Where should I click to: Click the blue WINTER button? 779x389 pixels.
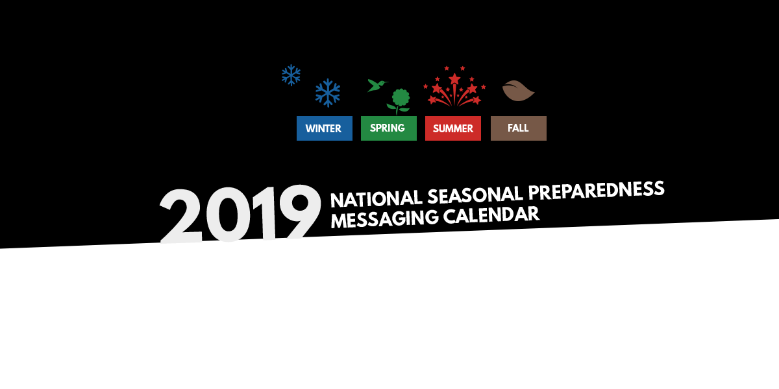pyautogui.click(x=325, y=128)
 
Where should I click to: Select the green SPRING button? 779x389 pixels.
pyautogui.click(x=389, y=128)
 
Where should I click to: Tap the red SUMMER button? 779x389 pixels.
pyautogui.click(x=453, y=128)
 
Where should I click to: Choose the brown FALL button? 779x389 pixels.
pyautogui.click(x=519, y=128)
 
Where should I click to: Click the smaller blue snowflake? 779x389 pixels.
pyautogui.click(x=291, y=75)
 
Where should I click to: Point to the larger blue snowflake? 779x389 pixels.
pyautogui.click(x=328, y=93)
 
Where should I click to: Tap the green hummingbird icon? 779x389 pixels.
pyautogui.click(x=377, y=86)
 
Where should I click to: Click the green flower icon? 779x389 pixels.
pyautogui.click(x=399, y=101)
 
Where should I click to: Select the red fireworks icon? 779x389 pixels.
pyautogui.click(x=454, y=86)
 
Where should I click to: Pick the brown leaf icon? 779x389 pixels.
pyautogui.click(x=519, y=91)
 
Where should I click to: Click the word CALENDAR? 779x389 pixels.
pyautogui.click(x=491, y=215)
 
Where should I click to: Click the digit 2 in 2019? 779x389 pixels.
pyautogui.click(x=182, y=216)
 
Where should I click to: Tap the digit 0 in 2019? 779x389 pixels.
pyautogui.click(x=229, y=215)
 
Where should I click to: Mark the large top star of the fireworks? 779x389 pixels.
pyautogui.click(x=454, y=79)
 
